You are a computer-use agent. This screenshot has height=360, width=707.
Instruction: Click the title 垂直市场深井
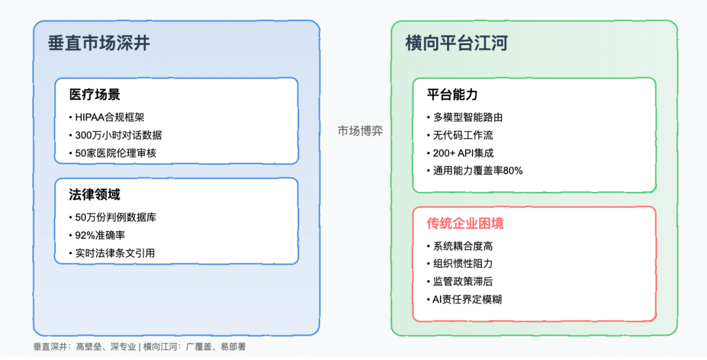[x=99, y=43]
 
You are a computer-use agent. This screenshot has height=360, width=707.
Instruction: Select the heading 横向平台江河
[x=457, y=43]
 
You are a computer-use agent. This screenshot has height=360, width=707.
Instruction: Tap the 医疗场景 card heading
[x=95, y=95]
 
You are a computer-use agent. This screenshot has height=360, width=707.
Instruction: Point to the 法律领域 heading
[x=95, y=194]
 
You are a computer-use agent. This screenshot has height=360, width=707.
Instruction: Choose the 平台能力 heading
[x=452, y=95]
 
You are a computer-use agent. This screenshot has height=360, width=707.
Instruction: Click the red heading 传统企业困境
[x=465, y=223]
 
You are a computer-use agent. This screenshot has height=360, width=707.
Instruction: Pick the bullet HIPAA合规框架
[x=107, y=118]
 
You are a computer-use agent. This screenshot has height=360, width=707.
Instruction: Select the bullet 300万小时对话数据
[x=115, y=135]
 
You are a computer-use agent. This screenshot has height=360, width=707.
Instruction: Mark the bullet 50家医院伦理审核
[x=113, y=153]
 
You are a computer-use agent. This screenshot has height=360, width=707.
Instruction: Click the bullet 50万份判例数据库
[x=113, y=217]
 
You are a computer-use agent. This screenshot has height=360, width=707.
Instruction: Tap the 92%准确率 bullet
[x=97, y=235]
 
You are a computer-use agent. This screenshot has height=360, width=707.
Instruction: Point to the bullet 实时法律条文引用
[x=112, y=253]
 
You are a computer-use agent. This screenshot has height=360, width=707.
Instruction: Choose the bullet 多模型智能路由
[x=465, y=118]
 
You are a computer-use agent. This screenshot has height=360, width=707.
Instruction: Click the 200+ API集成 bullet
[x=460, y=153]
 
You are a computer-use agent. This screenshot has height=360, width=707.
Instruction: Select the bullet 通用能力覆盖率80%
[x=475, y=171]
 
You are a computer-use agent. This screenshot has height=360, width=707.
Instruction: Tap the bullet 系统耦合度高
[x=460, y=246]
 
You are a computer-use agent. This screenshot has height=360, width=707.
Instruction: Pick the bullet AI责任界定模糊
[x=464, y=299]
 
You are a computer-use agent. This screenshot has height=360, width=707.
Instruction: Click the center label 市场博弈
[x=360, y=131]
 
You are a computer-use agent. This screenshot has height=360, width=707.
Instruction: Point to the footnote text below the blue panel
[x=139, y=347]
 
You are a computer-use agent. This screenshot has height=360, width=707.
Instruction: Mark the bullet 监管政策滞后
[x=460, y=281]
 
